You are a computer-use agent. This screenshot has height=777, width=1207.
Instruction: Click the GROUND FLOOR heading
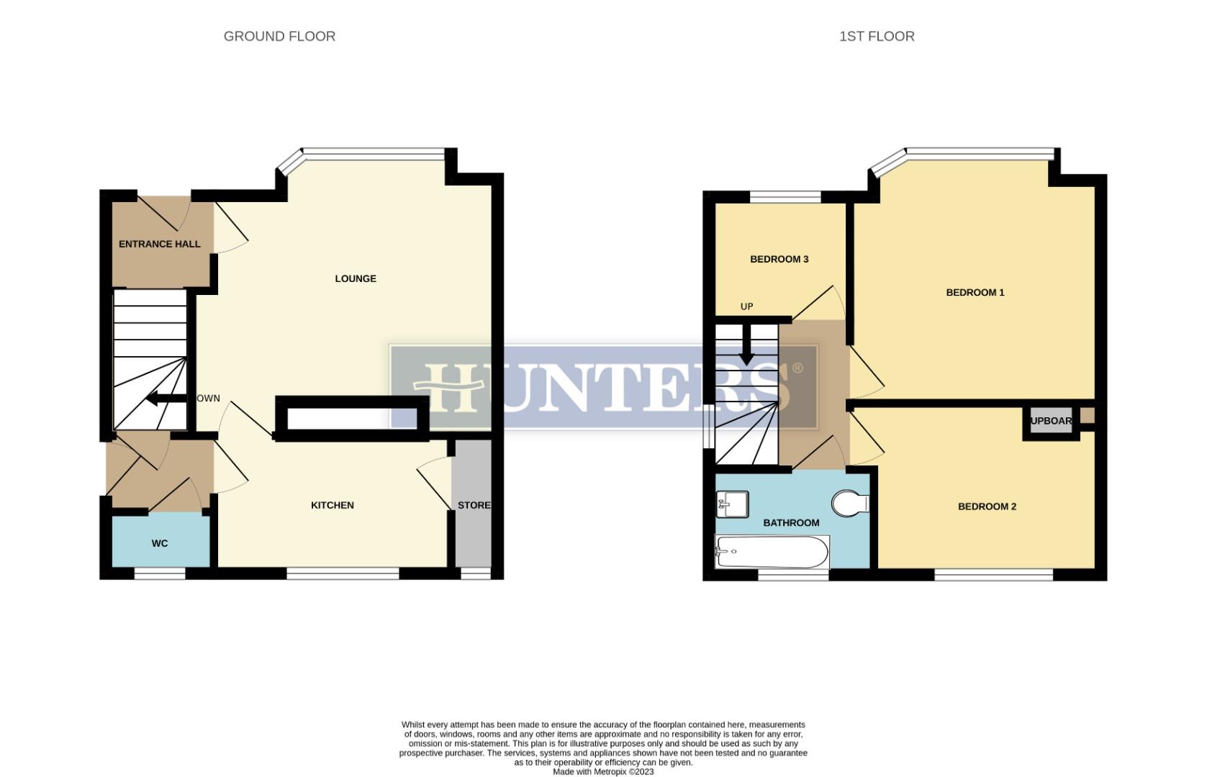pyautogui.click(x=279, y=36)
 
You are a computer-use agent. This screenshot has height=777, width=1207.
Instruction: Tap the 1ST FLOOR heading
pyautogui.click(x=876, y=36)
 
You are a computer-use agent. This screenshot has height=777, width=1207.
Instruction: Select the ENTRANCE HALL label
pyautogui.click(x=159, y=244)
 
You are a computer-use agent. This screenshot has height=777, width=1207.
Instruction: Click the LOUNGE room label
pyautogui.click(x=356, y=278)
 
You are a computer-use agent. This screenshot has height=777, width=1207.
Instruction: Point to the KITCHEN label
pyautogui.click(x=332, y=505)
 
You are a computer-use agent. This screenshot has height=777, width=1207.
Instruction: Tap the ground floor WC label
pyautogui.click(x=160, y=543)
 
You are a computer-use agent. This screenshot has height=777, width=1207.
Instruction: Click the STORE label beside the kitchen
pyautogui.click(x=474, y=505)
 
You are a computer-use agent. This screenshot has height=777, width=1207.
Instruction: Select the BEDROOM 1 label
pyautogui.click(x=975, y=292)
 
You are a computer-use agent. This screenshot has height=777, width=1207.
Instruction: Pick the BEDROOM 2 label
pyautogui.click(x=987, y=506)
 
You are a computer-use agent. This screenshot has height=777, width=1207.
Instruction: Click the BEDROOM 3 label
pyautogui.click(x=779, y=259)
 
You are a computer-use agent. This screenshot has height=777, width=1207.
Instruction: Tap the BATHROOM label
pyautogui.click(x=791, y=523)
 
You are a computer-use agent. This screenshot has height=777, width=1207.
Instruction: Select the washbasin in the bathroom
pyautogui.click(x=732, y=504)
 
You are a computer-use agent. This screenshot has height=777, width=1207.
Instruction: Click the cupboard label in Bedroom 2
pyautogui.click(x=1051, y=421)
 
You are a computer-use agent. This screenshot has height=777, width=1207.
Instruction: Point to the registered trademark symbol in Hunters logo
pyautogui.click(x=797, y=368)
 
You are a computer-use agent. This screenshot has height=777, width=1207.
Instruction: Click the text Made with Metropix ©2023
pyautogui.click(x=603, y=771)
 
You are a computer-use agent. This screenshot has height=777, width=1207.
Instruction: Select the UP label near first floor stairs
pyautogui.click(x=746, y=306)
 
